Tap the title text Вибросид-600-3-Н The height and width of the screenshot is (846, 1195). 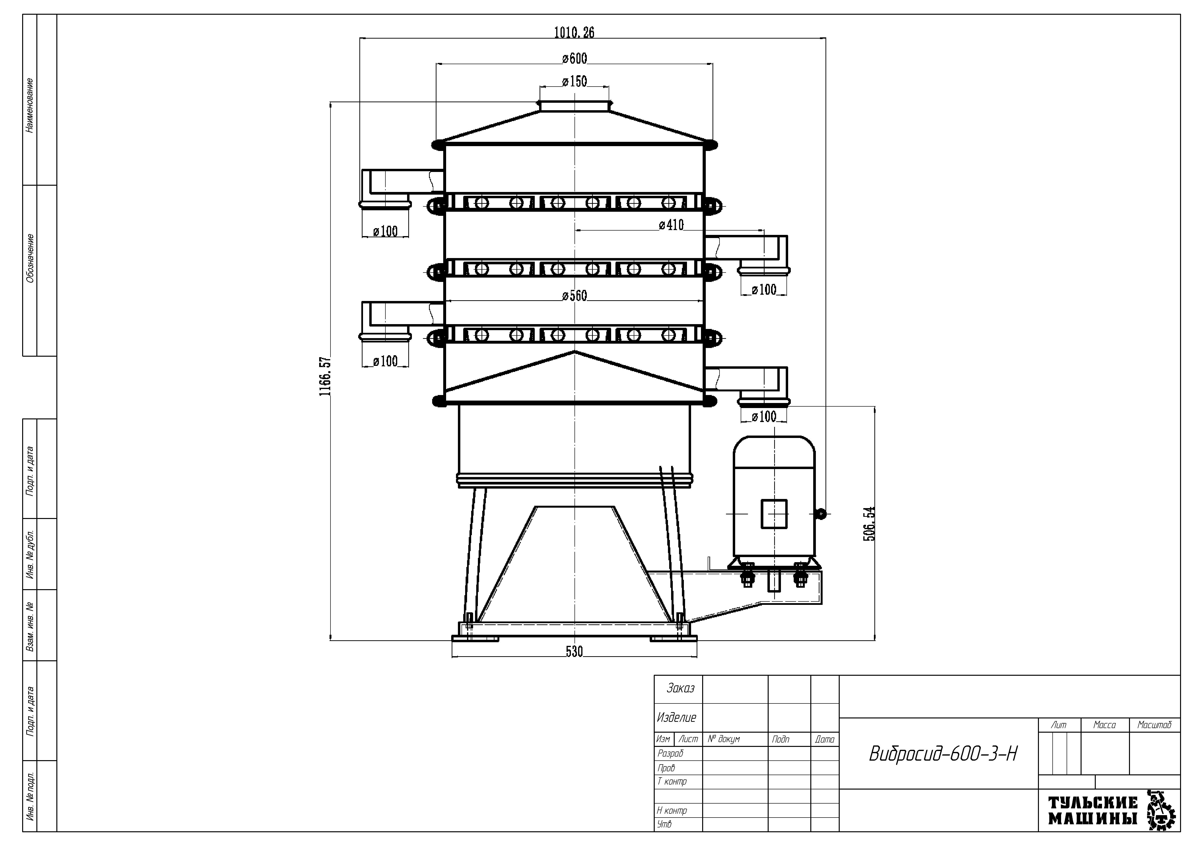[943, 754]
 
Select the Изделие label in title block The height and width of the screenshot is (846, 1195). [677, 718]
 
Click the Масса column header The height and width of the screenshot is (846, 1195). [1104, 725]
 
